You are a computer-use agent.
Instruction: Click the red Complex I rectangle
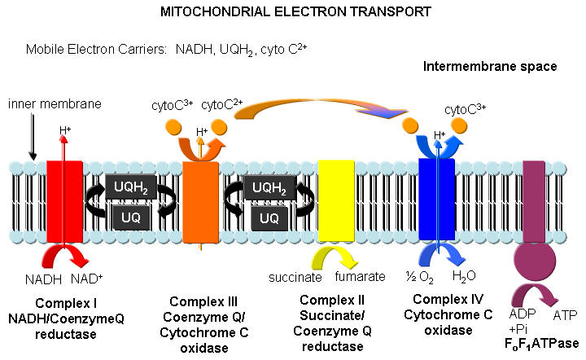click(64, 200)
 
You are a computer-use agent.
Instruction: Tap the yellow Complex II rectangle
click(335, 200)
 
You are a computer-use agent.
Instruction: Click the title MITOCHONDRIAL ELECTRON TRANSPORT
click(294, 14)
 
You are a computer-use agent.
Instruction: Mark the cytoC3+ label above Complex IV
click(467, 109)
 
